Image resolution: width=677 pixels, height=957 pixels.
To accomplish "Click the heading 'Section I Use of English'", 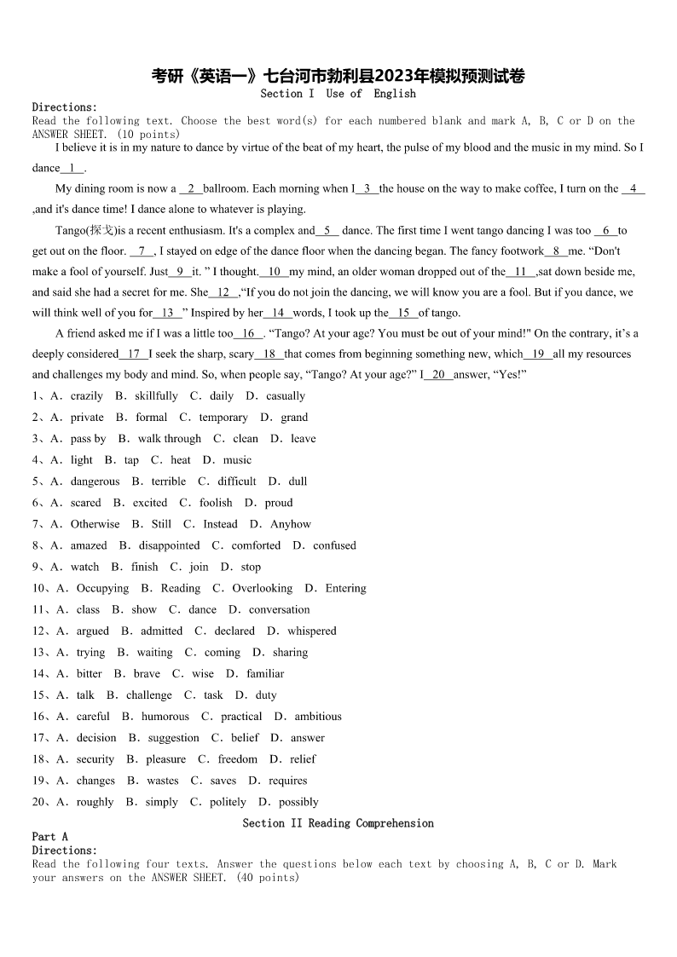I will coord(338,94).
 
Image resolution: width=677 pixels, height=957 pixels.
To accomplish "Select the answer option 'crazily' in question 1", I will coord(87,396).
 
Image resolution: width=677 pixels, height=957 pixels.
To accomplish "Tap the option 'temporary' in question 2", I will coord(223,418).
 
